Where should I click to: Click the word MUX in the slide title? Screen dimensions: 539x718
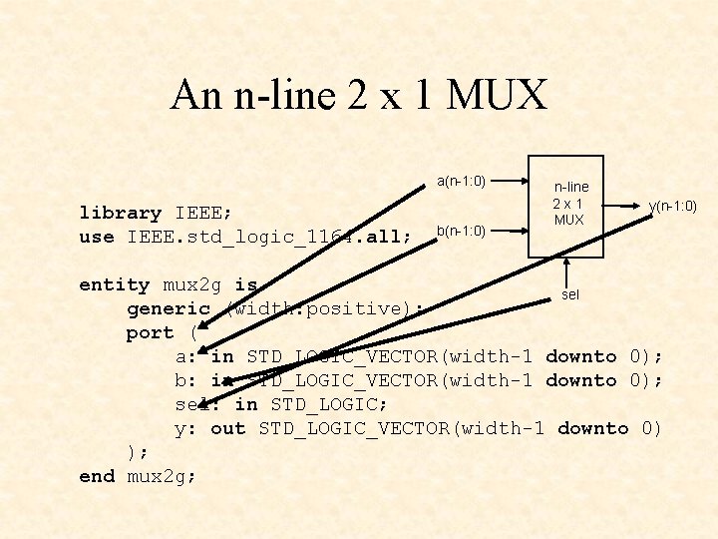coord(498,96)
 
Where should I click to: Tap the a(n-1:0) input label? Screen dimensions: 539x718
coord(461,182)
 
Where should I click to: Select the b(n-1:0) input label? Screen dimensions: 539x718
coord(461,231)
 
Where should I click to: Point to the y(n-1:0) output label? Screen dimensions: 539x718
coord(671,207)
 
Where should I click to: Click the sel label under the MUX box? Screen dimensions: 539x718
coord(569,295)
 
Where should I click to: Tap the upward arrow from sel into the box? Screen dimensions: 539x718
coord(567,270)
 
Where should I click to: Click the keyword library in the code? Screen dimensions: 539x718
coord(121,213)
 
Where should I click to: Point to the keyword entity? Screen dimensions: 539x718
coord(115,284)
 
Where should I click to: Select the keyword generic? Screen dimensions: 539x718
coord(169,308)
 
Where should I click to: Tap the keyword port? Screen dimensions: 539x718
coord(151,332)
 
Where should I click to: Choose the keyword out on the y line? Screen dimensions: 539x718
coord(228,428)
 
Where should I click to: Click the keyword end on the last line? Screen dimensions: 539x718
coord(97,476)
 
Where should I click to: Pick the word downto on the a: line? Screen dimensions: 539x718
coord(581,356)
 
